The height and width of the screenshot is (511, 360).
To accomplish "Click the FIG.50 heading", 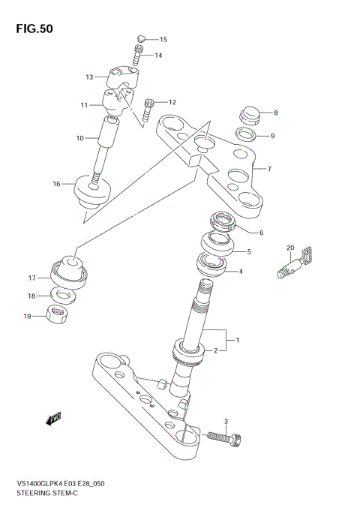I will pyautogui.click(x=32, y=29).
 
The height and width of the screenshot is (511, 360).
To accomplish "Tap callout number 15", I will pyautogui.click(x=163, y=39).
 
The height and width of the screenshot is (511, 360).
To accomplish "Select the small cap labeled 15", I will pyautogui.click(x=141, y=38).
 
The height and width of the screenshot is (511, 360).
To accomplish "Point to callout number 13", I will pyautogui.click(x=89, y=77).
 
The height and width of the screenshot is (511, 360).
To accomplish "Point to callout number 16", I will pyautogui.click(x=56, y=183).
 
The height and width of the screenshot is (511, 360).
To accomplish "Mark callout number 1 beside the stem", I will pyautogui.click(x=237, y=341).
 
